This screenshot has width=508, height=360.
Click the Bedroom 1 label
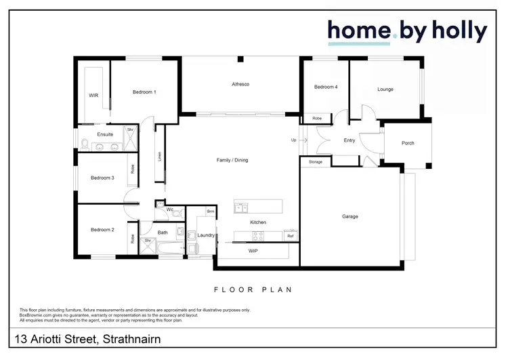[144, 92]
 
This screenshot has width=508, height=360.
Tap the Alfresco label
[241, 83]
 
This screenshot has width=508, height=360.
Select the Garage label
[350, 216]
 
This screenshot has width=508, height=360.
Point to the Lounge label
[385, 89]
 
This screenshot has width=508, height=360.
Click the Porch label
[408, 143]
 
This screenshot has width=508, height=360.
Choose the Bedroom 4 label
[326, 87]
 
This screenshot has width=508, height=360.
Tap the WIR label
[93, 96]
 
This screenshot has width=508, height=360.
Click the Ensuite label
[105, 134]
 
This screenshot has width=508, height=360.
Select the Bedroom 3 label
[102, 178]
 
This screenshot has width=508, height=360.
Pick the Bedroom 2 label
[102, 230]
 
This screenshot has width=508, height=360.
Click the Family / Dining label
[232, 160]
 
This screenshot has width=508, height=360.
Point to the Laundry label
[206, 235]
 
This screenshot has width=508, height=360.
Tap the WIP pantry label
[253, 250]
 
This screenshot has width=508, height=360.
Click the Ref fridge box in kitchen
[290, 236]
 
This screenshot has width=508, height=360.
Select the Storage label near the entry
[316, 162]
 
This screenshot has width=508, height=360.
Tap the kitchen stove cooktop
[258, 236]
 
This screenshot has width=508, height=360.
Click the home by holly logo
[407, 32]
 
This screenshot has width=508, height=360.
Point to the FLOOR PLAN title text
[253, 289]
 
